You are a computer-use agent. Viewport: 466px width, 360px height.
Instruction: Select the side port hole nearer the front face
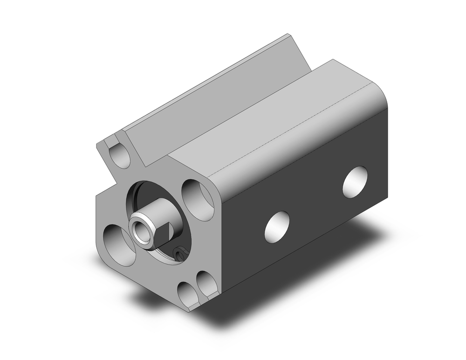click(x=277, y=227)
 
